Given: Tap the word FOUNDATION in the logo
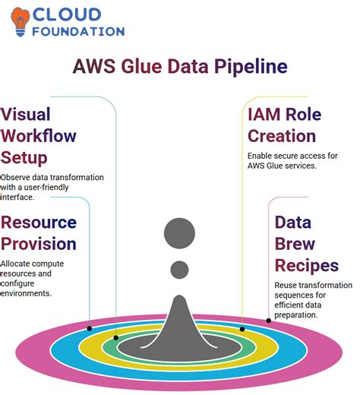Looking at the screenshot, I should (79, 32).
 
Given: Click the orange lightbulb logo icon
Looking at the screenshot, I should (20, 21).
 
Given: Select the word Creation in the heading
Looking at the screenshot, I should (282, 137).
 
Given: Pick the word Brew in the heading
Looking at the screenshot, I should (295, 244).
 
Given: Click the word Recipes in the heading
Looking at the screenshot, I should (306, 266).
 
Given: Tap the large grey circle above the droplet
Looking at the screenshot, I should (180, 232).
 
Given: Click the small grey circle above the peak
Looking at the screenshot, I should (180, 268).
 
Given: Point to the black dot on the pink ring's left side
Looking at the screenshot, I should (90, 328).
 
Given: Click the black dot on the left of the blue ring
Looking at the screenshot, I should (116, 337).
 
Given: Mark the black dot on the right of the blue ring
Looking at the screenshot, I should (242, 329).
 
